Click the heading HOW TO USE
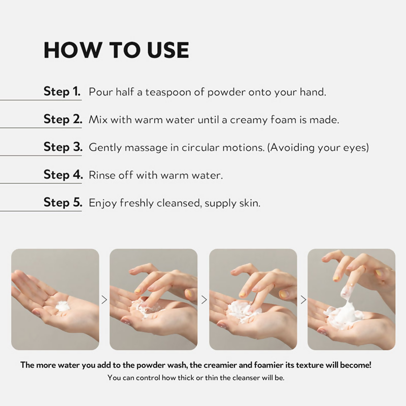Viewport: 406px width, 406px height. tap(116, 50)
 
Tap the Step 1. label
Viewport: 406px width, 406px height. tap(62, 91)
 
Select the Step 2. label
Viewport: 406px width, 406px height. tap(63, 119)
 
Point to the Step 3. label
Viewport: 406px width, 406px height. tap(63, 147)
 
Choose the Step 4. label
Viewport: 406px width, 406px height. tap(63, 175)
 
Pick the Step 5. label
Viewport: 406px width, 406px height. tap(63, 202)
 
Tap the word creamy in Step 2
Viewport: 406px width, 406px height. tap(249, 120)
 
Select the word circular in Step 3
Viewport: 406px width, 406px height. tap(200, 148)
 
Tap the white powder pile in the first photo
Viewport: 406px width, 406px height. tap(63, 306)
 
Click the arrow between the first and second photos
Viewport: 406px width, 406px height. tap(104, 300)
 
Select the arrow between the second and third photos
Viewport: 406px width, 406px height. tap(204, 300)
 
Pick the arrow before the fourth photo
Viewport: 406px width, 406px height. tap(303, 300)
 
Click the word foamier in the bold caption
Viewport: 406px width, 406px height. tap(268, 365)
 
